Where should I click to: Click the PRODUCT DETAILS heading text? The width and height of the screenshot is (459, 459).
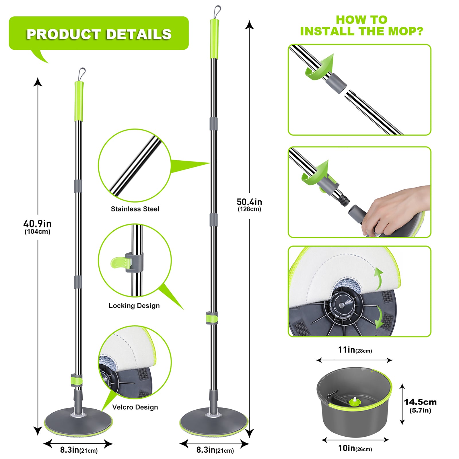click(99, 34)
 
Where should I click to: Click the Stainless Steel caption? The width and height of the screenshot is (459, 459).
click(135, 209)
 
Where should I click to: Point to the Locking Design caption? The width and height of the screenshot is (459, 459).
click(134, 306)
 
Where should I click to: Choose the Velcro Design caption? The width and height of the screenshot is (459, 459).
click(135, 407)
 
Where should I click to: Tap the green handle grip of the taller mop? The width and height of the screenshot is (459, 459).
click(214, 39)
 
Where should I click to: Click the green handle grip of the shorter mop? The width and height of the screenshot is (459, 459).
click(79, 101)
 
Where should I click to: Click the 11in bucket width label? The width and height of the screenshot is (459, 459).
click(355, 350)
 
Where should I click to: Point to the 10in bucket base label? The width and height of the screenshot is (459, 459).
click(355, 448)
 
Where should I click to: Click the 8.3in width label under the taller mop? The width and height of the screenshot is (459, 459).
click(215, 450)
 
